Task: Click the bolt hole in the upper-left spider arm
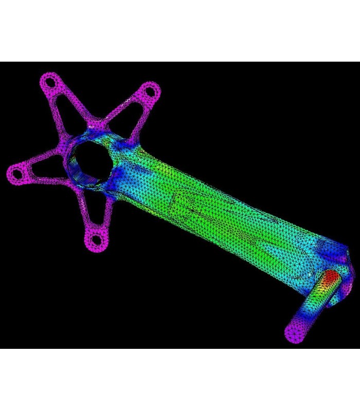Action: pyautogui.click(x=49, y=82)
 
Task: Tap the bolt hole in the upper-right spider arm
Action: pyautogui.click(x=150, y=91)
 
